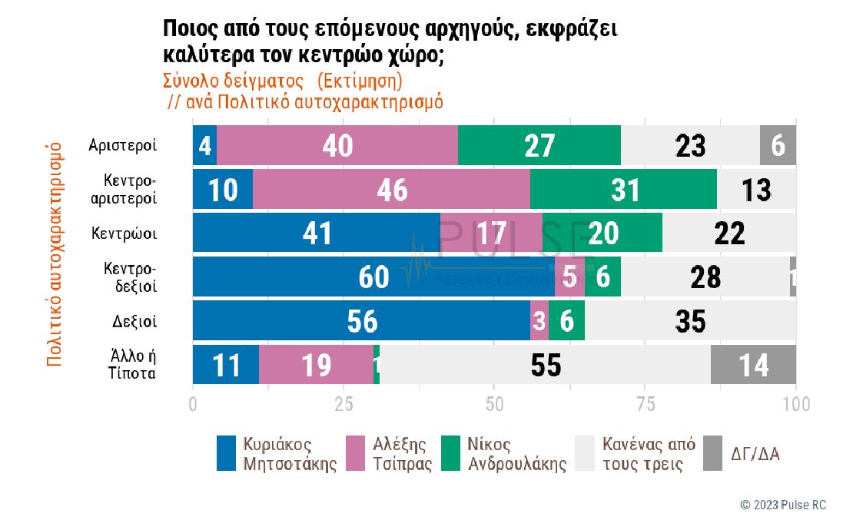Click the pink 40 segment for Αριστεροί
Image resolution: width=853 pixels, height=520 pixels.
tap(337, 144)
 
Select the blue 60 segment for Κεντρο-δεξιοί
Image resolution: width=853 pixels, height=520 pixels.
tap(373, 277)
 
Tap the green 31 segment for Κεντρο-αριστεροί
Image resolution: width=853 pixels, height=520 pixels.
tap(623, 189)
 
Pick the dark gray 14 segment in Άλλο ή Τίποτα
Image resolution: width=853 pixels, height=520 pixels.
tap(753, 365)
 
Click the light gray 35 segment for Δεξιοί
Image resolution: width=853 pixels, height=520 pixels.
tap(690, 321)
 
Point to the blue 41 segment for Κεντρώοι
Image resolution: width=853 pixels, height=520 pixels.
tap(316, 233)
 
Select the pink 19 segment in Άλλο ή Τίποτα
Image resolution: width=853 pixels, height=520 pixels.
tap(316, 365)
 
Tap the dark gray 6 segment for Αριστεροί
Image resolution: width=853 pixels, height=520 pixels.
tap(778, 144)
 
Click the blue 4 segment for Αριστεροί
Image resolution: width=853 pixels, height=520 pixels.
tap(204, 144)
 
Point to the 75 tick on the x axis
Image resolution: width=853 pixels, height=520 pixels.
tap(644, 403)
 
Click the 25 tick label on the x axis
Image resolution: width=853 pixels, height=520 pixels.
tap(343, 403)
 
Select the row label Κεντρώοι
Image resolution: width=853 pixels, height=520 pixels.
tap(124, 233)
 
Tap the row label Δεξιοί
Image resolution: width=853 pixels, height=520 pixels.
tap(134, 321)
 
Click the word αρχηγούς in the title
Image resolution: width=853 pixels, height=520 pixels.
tap(456, 29)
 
